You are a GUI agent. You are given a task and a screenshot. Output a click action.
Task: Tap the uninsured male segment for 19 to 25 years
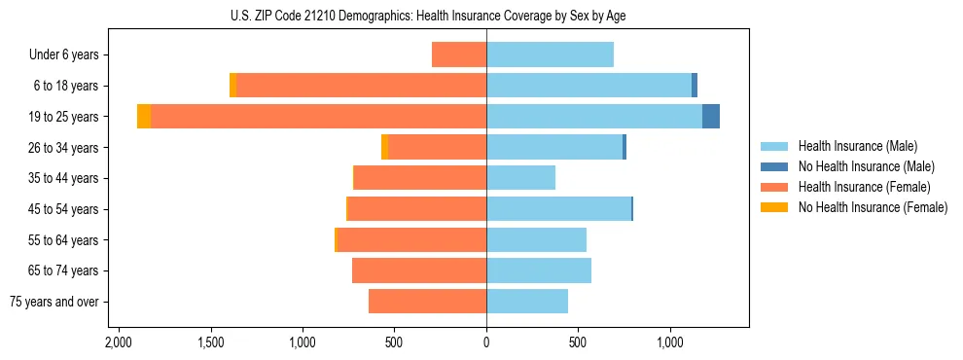711,117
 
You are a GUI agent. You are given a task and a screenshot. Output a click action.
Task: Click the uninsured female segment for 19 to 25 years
144,117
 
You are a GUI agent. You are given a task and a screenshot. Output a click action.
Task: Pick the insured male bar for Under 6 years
550,54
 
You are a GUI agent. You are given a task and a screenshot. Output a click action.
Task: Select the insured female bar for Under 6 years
459,54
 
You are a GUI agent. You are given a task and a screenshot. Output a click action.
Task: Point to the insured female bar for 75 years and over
427,302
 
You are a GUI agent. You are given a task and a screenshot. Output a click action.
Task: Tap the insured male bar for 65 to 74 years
539,270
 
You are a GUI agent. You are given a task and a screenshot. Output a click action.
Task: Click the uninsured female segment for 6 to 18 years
233,86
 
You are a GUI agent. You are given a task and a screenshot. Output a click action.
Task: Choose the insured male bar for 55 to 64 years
536,239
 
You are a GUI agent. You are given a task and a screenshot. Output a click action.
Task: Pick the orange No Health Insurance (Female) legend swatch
774,207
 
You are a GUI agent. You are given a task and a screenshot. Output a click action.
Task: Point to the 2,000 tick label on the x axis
118,343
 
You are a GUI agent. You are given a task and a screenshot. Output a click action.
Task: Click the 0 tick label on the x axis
486,343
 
